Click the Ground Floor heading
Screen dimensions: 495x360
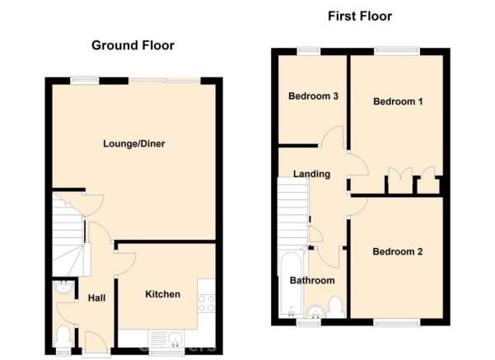[133, 45]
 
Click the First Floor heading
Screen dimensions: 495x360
[360, 16]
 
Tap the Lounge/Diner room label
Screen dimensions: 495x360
[134, 144]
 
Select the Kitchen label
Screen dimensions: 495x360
[162, 294]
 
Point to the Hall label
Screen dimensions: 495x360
[96, 297]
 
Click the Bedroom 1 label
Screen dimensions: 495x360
[398, 101]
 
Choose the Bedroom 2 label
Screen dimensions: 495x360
[398, 252]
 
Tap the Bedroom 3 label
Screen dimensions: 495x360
[313, 96]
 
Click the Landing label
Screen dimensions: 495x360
[311, 174]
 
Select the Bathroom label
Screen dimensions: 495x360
[312, 280]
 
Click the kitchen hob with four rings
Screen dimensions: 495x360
[207, 303]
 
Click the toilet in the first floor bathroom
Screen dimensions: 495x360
[336, 306]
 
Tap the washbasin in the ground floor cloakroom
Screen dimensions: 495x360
[64, 287]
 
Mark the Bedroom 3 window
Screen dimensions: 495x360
[308, 51]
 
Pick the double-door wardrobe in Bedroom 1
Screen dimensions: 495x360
[400, 180]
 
